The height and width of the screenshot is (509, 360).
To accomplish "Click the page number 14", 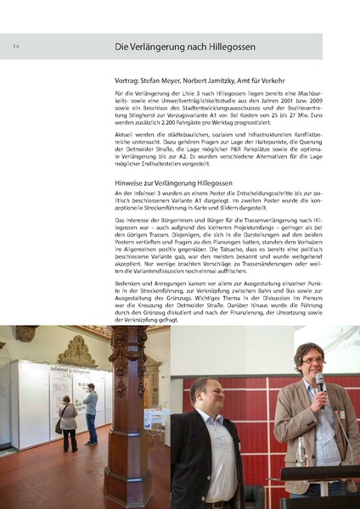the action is (16, 46).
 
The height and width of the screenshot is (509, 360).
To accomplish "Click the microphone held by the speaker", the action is (319, 383).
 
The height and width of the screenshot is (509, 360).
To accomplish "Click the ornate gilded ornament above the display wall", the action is (76, 350).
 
